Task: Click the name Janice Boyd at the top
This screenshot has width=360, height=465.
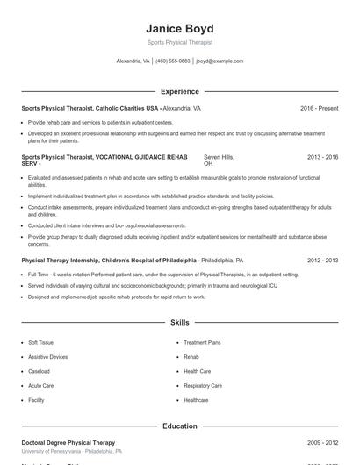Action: coord(179,28)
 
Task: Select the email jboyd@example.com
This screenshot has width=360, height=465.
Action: coord(220,61)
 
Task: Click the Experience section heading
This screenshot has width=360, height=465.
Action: coord(179,91)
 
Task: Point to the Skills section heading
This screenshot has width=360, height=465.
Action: coord(179,323)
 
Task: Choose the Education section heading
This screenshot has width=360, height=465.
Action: coord(179,426)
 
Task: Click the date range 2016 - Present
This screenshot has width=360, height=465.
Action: coord(319,108)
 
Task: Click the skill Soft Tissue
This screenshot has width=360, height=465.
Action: coord(40,343)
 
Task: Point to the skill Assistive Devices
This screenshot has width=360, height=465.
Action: coord(47,357)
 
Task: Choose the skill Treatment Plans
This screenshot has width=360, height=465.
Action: coord(202,343)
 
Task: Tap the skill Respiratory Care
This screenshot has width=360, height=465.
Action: coord(202,385)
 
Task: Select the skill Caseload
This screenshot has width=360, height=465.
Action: coord(39,371)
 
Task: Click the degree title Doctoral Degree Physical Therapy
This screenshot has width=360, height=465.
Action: coord(68,443)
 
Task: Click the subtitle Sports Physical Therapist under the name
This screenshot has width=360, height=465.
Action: coord(179,42)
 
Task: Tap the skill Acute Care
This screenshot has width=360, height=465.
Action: coord(40,385)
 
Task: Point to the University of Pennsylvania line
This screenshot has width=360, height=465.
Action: coord(72,452)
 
